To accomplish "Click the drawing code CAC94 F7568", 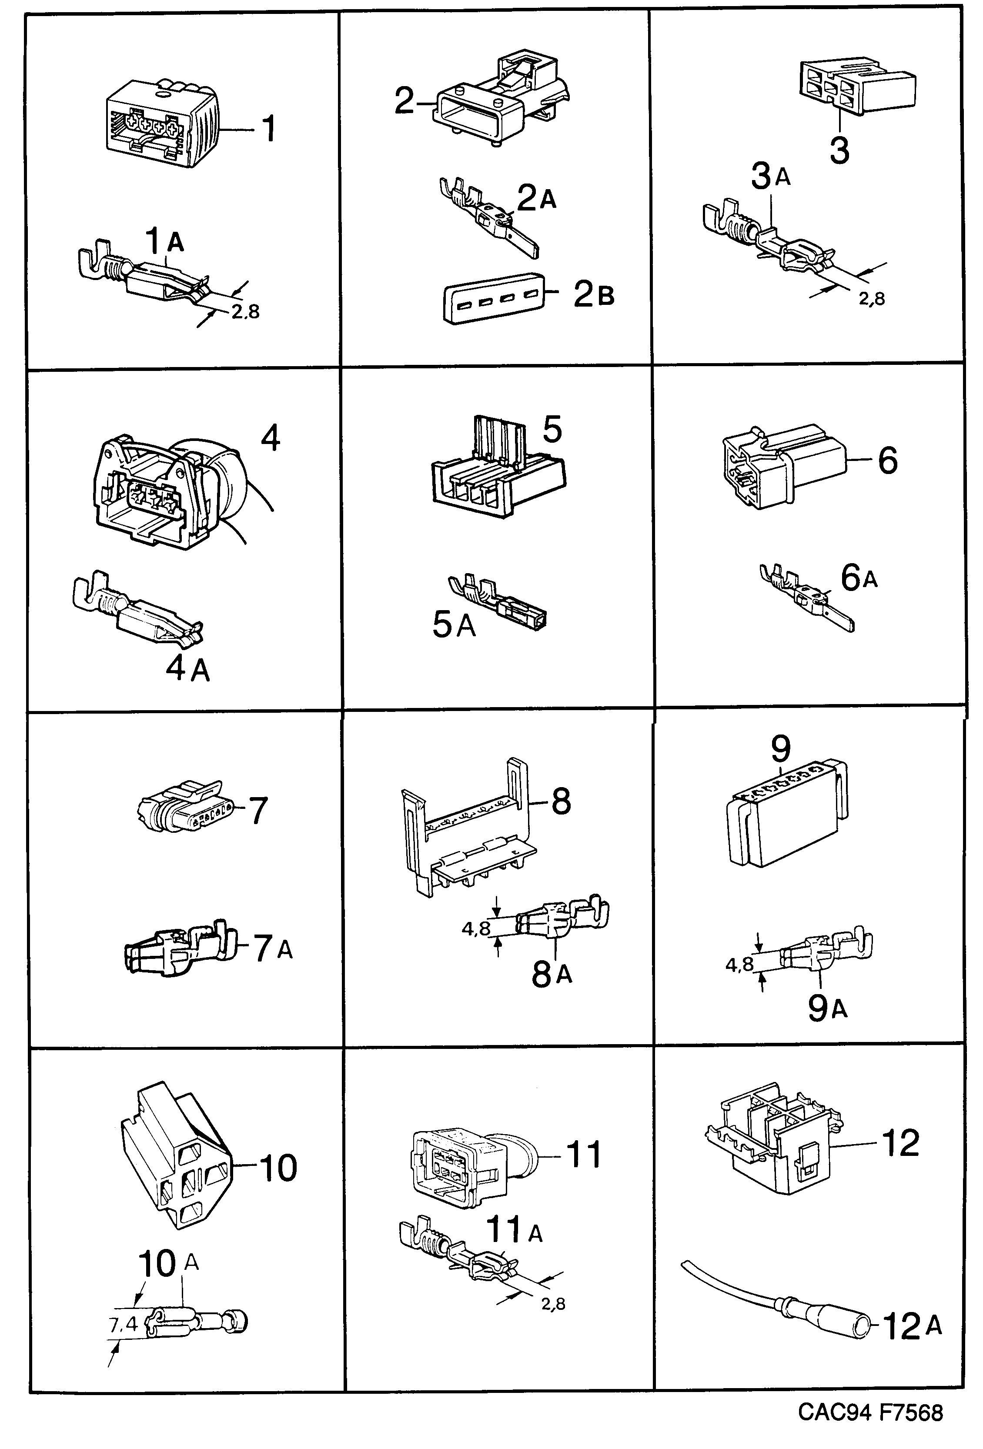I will click(870, 1412).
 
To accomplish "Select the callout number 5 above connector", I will click(552, 430).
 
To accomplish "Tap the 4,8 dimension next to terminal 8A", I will click(476, 929).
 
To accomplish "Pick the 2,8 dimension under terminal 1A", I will click(245, 311).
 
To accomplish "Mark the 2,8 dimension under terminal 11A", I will click(553, 1303).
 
